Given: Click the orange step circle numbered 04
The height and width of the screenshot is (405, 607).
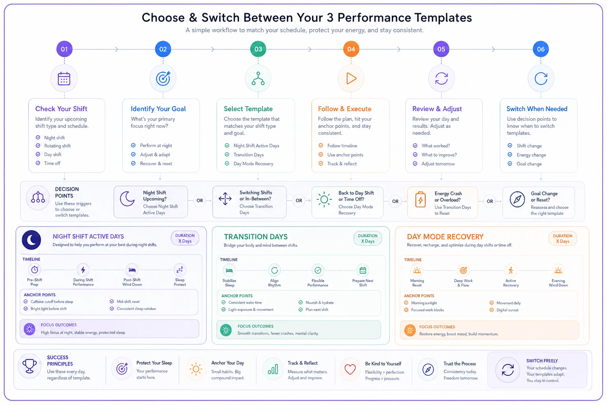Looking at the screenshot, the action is coord(351,49).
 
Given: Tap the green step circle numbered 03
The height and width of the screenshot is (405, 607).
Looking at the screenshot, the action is coord(258,49).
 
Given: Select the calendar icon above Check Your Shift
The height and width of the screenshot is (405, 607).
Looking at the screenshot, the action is coord(64,79).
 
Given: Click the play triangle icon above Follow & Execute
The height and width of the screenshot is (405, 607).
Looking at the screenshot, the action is coord(351,79).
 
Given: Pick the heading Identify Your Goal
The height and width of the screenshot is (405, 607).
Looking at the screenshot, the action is coord(158,109).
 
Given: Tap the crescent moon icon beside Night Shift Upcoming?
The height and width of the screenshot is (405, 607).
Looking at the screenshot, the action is coord(127,199).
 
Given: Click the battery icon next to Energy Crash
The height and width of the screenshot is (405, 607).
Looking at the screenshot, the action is coord(420,199).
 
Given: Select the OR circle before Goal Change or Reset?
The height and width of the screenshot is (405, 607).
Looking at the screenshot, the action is coord(490,201).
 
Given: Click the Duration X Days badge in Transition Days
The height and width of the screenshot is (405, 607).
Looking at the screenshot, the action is coord(368,238).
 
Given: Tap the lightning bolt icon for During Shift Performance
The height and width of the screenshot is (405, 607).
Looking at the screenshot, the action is coord(83,270).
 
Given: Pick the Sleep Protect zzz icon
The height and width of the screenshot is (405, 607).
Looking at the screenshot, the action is coord(180,270).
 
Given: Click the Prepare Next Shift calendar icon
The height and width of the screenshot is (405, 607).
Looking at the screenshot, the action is coord(362,271).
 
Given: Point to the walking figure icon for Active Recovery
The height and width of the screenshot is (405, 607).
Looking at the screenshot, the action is coord(511,271).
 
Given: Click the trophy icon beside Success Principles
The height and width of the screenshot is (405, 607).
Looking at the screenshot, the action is coord(30,366).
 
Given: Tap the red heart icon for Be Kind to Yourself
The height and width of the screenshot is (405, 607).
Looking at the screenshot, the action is coord(350,369).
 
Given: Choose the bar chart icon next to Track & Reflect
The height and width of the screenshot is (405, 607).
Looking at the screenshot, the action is coord(273,369).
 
